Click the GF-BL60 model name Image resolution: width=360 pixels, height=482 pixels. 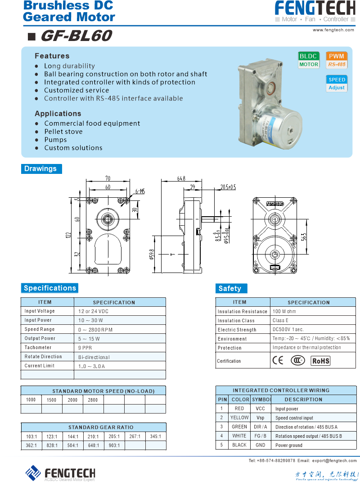[76, 36]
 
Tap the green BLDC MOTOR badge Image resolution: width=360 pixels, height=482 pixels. [309, 60]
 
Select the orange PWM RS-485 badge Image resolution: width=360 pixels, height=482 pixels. [337, 60]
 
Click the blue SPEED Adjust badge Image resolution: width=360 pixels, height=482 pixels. [337, 83]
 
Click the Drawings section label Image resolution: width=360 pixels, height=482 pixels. [40, 169]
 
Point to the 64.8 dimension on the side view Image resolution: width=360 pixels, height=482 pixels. [181, 179]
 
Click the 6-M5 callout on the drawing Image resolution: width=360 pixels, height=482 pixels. [140, 191]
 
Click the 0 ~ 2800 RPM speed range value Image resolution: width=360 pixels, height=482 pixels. [95, 329]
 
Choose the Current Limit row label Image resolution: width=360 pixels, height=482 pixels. [40, 366]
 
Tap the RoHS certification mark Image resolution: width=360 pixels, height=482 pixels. [321, 361]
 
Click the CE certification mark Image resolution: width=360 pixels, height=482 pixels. [278, 360]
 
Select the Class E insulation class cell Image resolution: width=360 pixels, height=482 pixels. [280, 320]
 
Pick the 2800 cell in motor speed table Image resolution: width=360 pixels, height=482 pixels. [93, 400]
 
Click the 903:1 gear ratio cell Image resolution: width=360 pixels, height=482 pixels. [114, 446]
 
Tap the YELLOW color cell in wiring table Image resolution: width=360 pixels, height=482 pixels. [239, 418]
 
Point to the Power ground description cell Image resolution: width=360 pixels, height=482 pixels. [289, 446]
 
